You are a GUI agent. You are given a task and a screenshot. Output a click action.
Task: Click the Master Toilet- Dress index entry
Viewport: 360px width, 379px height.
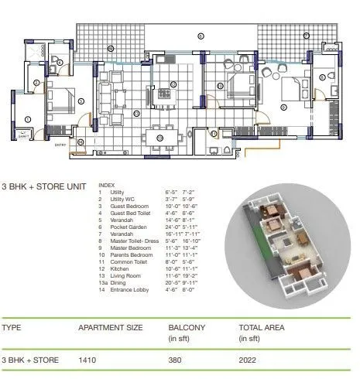pyautogui.click(x=131, y=242)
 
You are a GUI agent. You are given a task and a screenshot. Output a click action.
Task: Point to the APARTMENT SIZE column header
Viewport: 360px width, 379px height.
pyautogui.click(x=111, y=329)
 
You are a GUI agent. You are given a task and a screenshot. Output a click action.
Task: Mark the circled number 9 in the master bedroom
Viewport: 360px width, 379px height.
pyautogui.click(x=283, y=107)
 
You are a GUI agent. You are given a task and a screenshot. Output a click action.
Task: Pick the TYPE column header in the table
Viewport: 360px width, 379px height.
pyautogui.click(x=12, y=329)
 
